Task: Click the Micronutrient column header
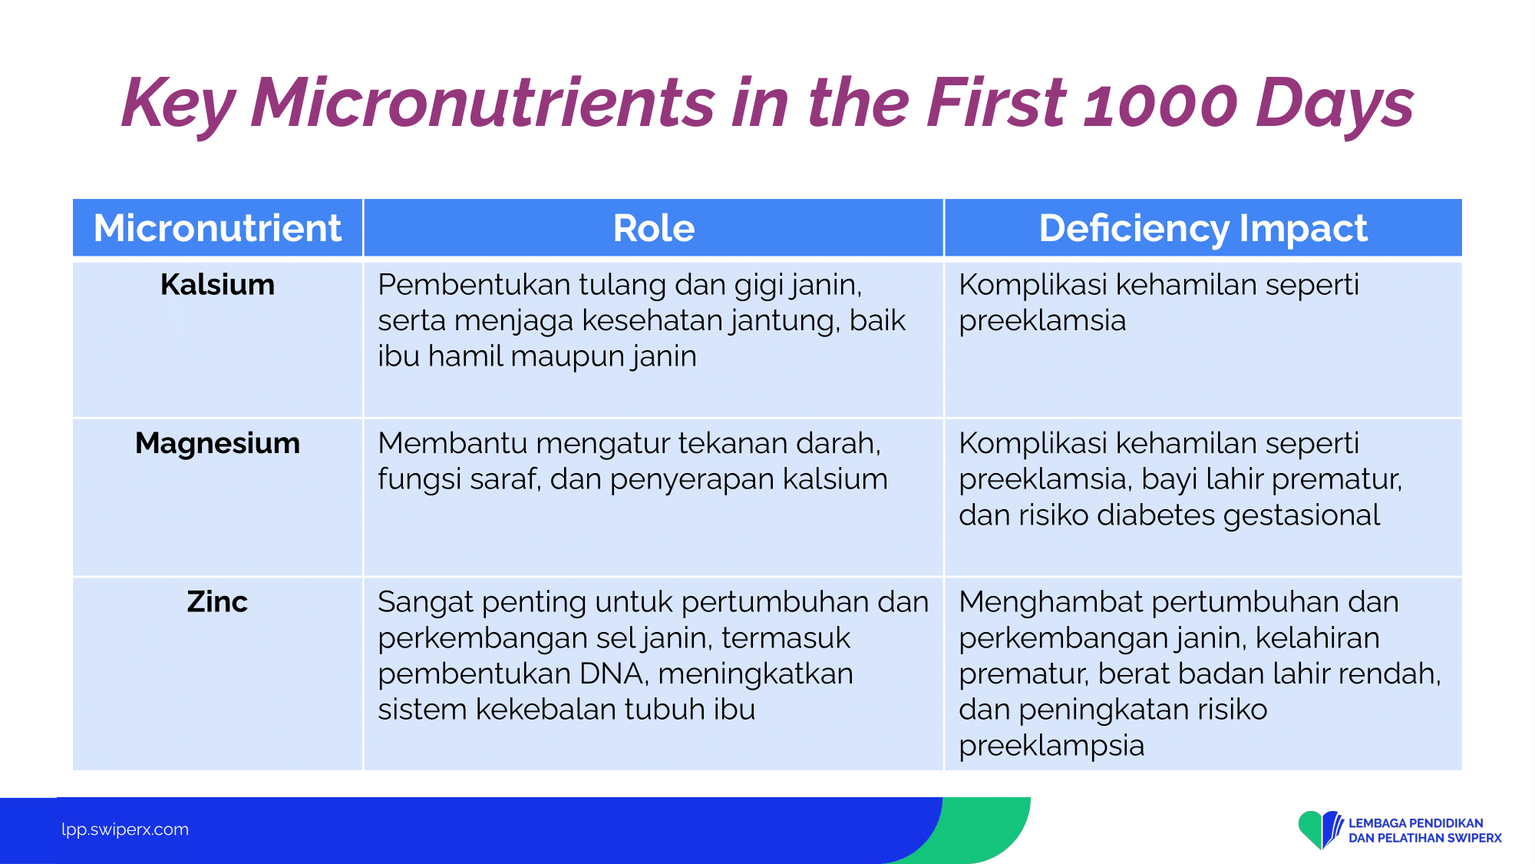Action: point(217,228)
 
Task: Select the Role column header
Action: point(654,228)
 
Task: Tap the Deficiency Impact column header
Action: point(1203,229)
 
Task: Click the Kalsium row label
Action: point(217,285)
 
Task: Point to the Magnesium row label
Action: point(217,444)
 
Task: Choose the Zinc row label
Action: point(217,602)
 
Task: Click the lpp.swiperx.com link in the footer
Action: point(125,829)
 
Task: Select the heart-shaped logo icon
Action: point(1320,829)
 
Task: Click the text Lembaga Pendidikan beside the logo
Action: point(1416,823)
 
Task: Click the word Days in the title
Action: point(1335,104)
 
